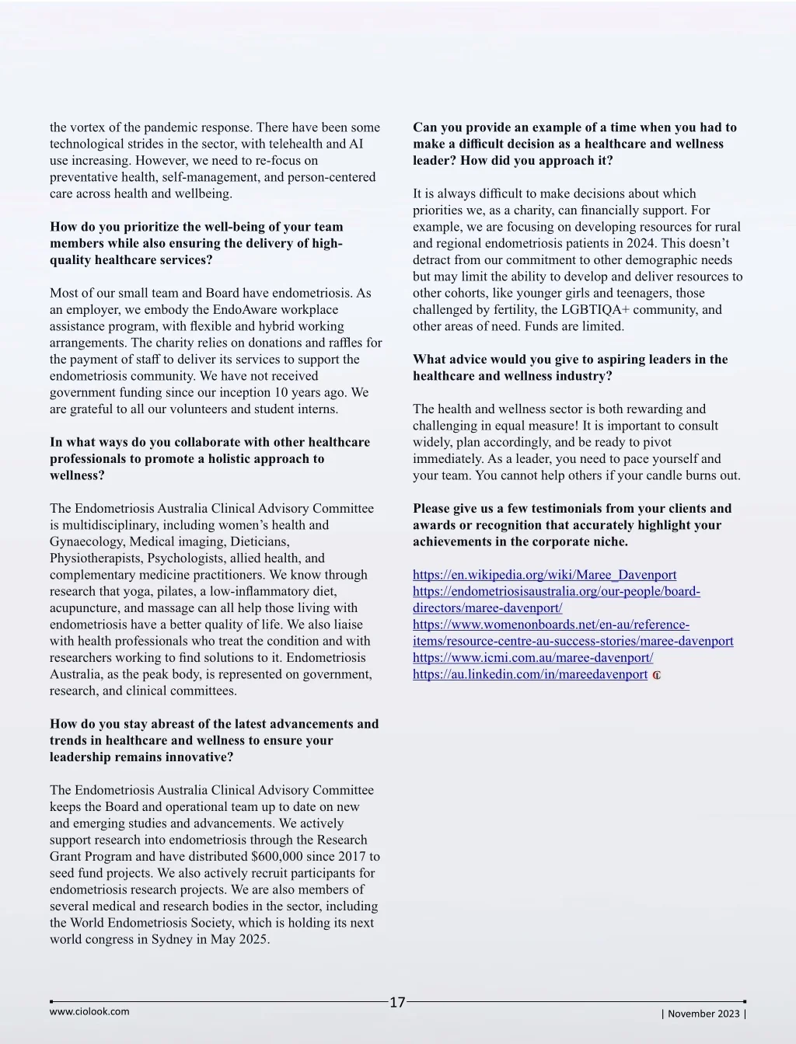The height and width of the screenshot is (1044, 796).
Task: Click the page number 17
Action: coord(397,1002)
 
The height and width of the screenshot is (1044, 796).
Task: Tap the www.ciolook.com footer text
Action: coord(89,1011)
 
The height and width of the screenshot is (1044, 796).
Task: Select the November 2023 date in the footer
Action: coord(703,1013)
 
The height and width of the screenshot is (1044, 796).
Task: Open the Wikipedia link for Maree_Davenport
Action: coord(544,575)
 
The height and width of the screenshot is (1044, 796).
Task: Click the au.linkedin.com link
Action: coord(529,674)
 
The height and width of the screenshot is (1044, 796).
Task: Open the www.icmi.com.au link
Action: coord(532,657)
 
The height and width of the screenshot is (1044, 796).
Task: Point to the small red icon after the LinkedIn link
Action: coord(657,675)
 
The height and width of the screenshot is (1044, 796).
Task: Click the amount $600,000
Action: coord(280,856)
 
